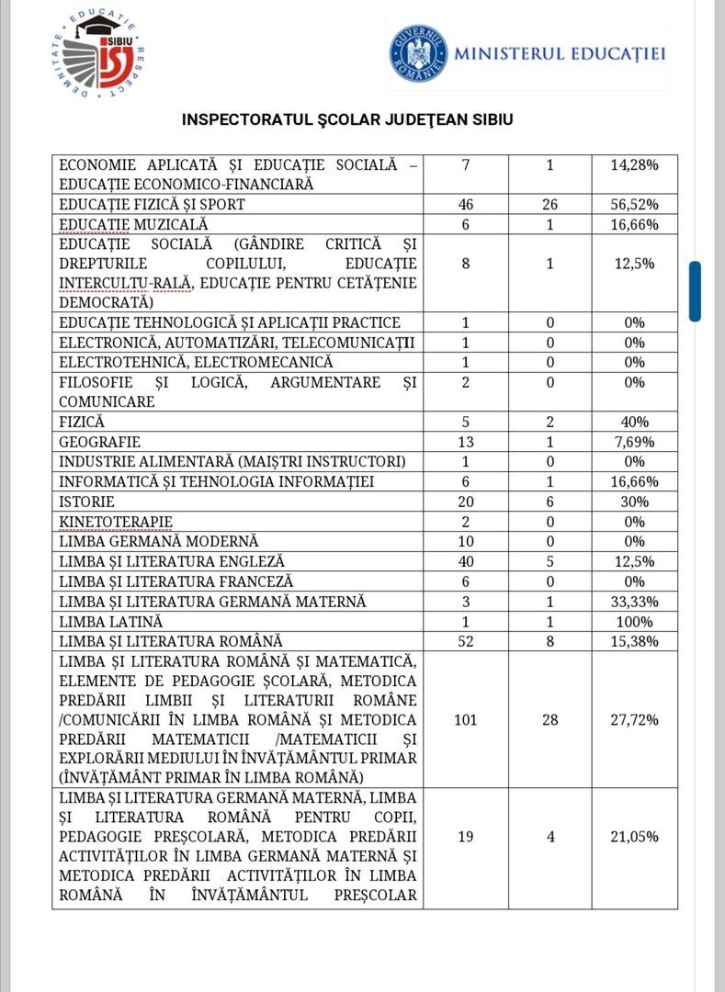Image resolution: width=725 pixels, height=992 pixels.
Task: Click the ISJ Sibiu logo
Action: (x=99, y=55)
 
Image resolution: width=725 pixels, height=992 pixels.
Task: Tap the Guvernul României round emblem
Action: (x=418, y=52)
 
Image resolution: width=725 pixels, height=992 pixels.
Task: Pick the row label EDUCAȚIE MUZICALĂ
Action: (x=134, y=224)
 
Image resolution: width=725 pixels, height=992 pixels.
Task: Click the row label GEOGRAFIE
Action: (x=93, y=442)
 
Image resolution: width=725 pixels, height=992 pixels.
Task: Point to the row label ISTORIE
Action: (x=86, y=502)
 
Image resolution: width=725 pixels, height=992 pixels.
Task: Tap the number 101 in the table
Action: (x=465, y=719)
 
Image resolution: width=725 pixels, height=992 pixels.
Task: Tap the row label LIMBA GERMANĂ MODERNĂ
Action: (x=159, y=541)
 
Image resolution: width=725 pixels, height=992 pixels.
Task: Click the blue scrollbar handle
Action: (x=696, y=291)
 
